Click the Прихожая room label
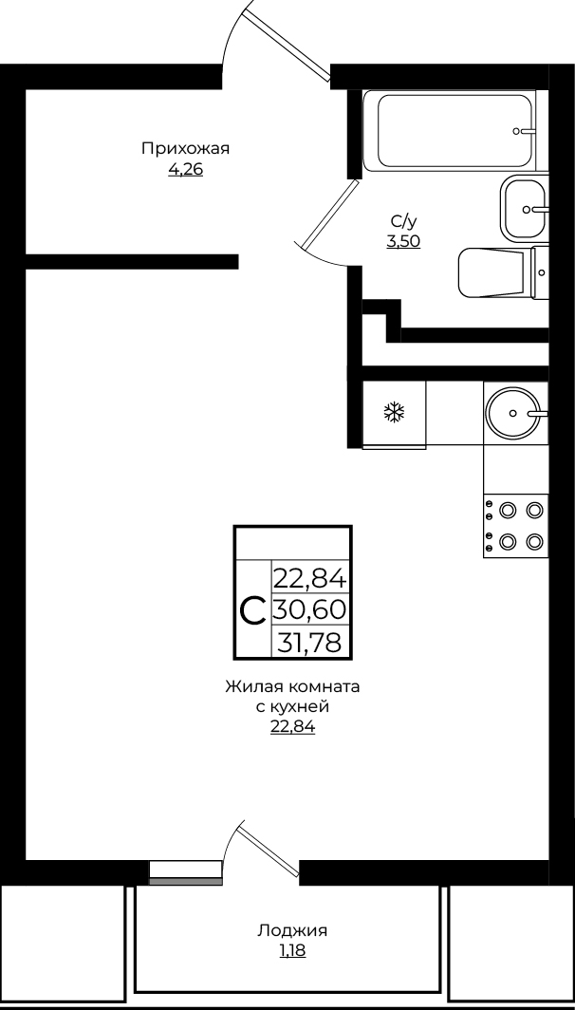tap(185, 149)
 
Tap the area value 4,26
tap(185, 170)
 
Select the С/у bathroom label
tap(403, 221)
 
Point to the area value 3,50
tap(403, 242)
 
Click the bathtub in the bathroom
tap(450, 131)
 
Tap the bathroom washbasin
tap(524, 209)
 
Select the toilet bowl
tap(503, 272)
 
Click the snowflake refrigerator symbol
tap(394, 412)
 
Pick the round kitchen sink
tap(513, 412)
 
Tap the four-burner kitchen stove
tap(516, 526)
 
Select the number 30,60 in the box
tap(310, 608)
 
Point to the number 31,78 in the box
tap(309, 643)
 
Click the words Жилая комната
tap(292, 686)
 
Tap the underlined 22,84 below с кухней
tap(292, 728)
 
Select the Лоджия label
tap(292, 931)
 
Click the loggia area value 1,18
tap(292, 951)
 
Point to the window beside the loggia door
tap(185, 872)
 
